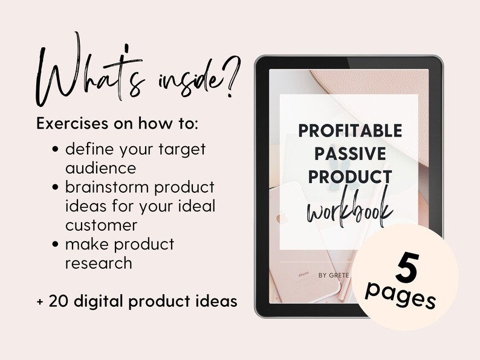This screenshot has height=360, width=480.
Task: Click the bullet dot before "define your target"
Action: pos(56,149)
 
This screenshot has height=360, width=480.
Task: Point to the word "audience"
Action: pos(100,167)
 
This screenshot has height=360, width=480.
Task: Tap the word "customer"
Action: pos(101,225)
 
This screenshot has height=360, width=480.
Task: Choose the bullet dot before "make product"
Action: pos(56,245)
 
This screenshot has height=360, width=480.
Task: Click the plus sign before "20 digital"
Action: pos(41,301)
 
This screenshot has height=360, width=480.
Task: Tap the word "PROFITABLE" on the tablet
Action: pos(349,130)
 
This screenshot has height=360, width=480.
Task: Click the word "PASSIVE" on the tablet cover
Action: pos(349,153)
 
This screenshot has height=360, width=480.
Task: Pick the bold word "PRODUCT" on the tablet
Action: pos(349,176)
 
